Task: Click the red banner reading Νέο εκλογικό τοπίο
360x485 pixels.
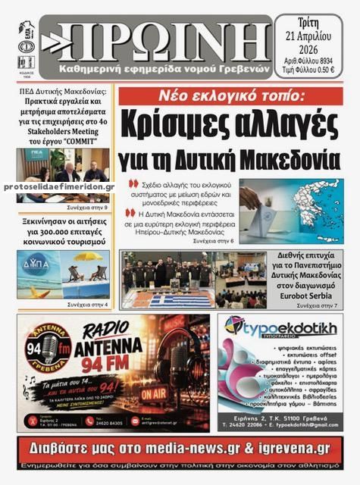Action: (x=227, y=96)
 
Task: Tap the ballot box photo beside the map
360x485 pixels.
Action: (x=263, y=211)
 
